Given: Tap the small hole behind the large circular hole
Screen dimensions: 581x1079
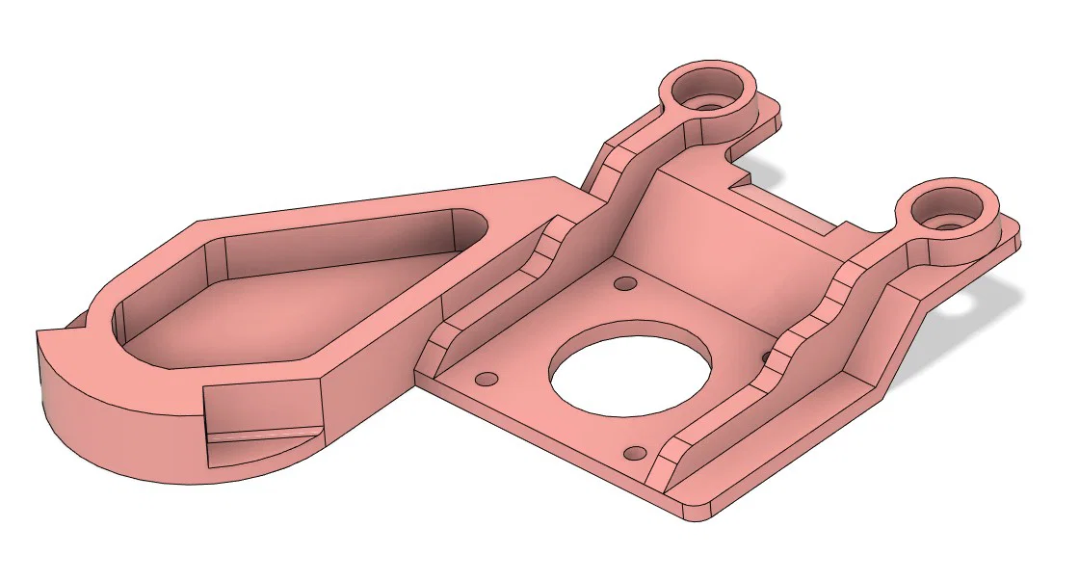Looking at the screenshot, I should pyautogui.click(x=626, y=283).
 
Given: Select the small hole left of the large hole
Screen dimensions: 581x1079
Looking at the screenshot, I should pyautogui.click(x=487, y=378).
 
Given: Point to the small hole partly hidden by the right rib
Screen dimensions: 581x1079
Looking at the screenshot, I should pyautogui.click(x=768, y=357).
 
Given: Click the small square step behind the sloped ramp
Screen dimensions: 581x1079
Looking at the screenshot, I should pyautogui.click(x=740, y=178).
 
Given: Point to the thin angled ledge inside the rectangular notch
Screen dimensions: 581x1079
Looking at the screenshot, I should pyautogui.click(x=260, y=438).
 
